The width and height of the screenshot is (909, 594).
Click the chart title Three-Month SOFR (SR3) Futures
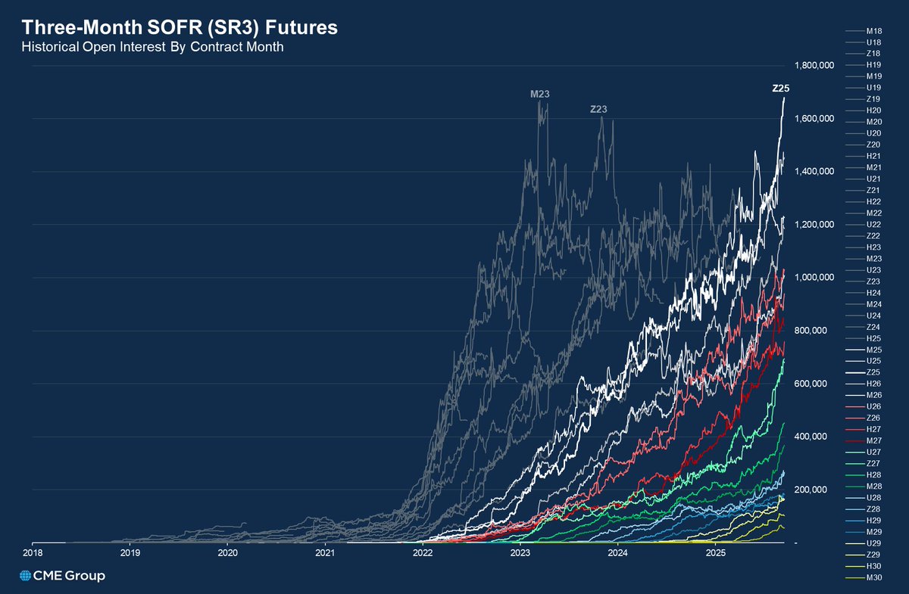[x=179, y=27]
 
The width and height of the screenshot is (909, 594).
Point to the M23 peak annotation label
[x=539, y=94]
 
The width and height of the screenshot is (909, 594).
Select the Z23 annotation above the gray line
[x=598, y=110]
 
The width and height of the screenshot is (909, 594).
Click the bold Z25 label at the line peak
[x=780, y=89]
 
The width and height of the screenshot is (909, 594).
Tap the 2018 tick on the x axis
[x=33, y=553]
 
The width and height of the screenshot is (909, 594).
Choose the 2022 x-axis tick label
[x=423, y=553]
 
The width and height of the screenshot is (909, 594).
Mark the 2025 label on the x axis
[x=715, y=553]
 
